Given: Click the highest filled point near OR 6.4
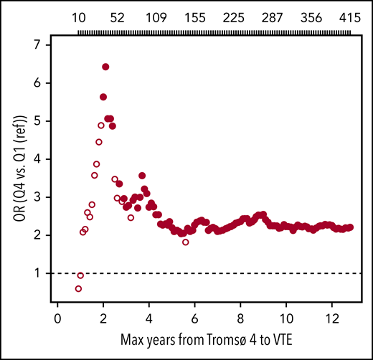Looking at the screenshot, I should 105,67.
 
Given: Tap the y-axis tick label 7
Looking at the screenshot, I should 46,45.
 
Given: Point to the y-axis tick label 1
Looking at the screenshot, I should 46,273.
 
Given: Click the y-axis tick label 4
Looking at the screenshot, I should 46,159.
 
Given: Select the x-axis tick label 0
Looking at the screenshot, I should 58,318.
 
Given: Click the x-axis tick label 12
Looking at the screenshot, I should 332,318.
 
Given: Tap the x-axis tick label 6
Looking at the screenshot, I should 195,318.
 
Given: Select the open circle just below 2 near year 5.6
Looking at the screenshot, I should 186,242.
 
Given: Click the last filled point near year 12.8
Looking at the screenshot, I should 349,227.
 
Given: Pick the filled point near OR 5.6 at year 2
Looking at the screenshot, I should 103,97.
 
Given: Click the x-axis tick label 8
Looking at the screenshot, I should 241,318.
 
